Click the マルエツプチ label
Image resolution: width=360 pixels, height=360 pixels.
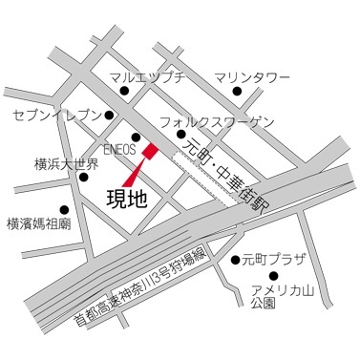coord(145,78)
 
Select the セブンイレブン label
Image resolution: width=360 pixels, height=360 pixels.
coord(57,116)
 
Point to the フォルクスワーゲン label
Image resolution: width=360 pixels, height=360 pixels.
coord(217,122)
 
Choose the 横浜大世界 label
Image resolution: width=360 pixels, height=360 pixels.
coord(66,164)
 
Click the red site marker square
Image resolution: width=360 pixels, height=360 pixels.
coord(150,150)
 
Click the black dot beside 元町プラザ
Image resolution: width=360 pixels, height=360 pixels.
coord(235,259)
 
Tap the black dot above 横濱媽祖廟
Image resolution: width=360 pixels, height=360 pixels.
coord(65,209)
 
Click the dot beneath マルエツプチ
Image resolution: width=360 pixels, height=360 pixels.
coord(124,93)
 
